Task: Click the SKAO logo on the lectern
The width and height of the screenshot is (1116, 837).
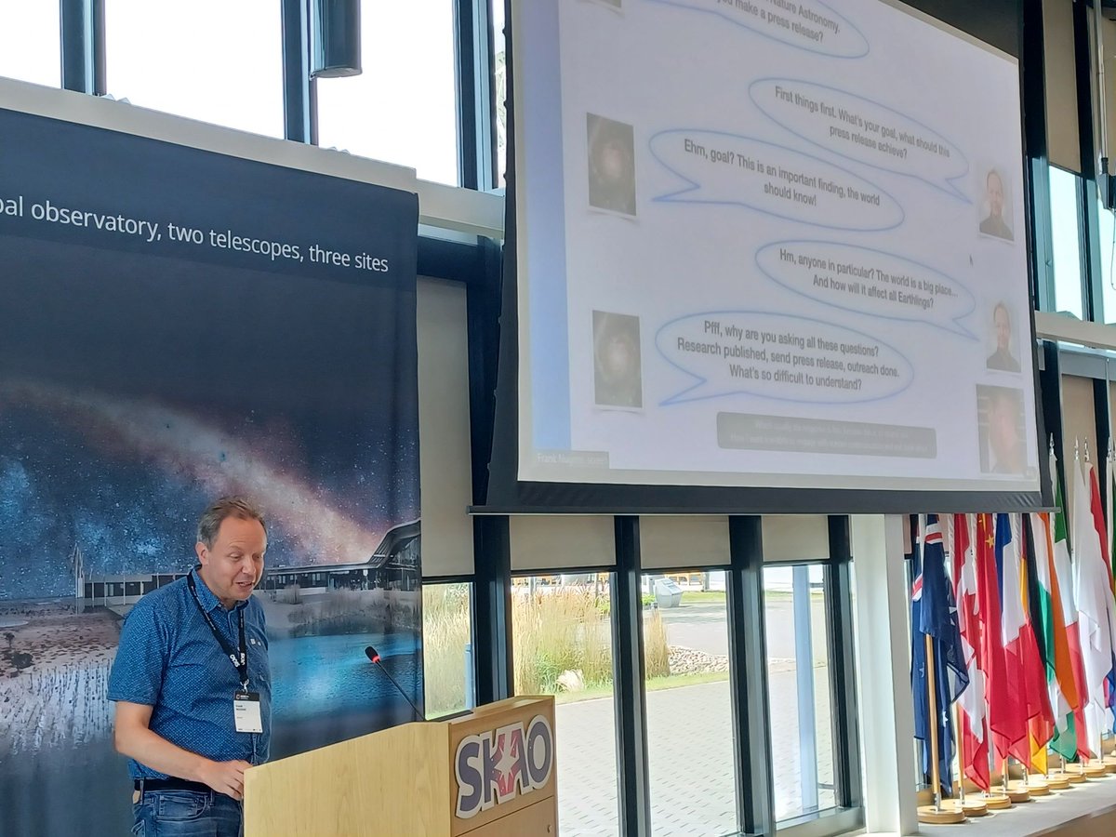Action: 503,763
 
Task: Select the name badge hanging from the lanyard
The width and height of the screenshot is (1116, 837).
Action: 247,711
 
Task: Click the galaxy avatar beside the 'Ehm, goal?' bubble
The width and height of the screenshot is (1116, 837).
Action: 611,166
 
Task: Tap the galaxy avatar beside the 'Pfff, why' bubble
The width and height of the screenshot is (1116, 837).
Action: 618,360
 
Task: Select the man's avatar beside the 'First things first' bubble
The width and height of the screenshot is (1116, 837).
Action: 996,206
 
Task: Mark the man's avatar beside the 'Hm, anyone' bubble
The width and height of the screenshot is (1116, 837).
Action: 1003,338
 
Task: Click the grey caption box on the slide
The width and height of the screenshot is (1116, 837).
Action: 825,435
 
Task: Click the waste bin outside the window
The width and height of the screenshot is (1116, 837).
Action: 667,592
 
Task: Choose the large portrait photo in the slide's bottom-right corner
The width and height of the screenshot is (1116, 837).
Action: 1003,430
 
